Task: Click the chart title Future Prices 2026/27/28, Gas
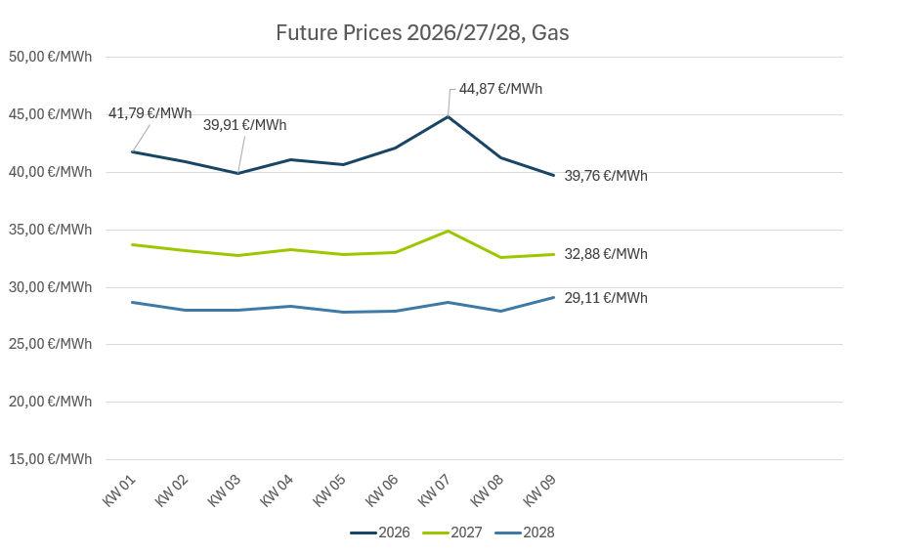(422, 33)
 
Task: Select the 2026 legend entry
(381, 533)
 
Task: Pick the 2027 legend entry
(453, 533)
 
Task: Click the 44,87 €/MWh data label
(500, 89)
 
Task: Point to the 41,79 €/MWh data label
(150, 113)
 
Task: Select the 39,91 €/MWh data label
(244, 125)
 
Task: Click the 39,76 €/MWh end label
(606, 176)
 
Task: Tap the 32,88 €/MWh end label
(606, 254)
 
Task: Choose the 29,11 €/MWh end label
(606, 298)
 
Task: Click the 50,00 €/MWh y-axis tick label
(50, 57)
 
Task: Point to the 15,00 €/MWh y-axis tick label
(50, 459)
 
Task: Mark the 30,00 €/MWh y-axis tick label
(50, 287)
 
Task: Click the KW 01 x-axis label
(119, 490)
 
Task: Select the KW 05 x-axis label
(330, 490)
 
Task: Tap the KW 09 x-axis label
(540, 490)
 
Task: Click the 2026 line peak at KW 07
(448, 116)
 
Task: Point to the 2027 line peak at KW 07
(448, 231)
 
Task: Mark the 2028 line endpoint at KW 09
(553, 297)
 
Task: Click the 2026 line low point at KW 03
(237, 173)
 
